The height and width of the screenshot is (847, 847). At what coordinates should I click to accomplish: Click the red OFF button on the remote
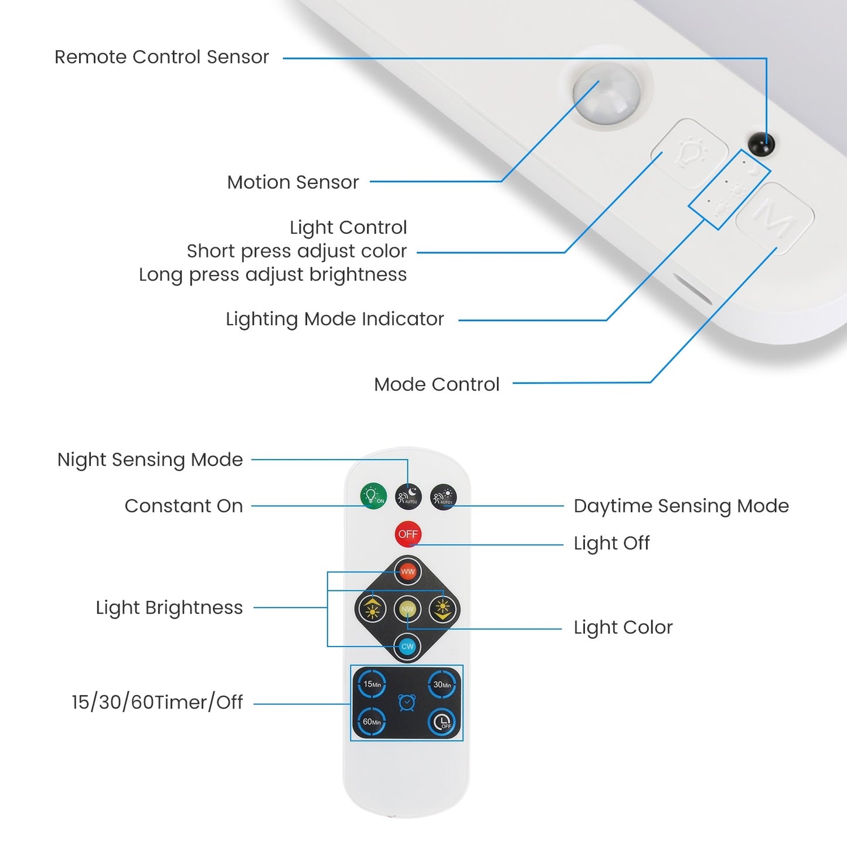coord(408,534)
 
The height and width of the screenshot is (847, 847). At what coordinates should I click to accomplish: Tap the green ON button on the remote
coord(373,496)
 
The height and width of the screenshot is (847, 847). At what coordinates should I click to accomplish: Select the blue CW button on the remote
coord(407,647)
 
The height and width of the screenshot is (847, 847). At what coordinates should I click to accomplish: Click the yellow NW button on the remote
coord(407,609)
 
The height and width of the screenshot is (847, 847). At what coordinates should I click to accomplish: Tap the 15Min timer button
coord(372,684)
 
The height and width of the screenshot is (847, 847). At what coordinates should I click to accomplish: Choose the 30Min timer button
coord(442,684)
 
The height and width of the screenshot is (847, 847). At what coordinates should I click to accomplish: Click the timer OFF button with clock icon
coord(442,722)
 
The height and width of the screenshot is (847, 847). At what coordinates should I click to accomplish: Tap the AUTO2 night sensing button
coord(408,496)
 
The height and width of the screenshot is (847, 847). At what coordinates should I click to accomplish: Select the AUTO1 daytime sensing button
coord(443,497)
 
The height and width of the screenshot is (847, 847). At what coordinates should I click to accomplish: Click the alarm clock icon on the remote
coord(407,702)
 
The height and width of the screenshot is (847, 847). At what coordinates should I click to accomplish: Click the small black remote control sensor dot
coord(761,144)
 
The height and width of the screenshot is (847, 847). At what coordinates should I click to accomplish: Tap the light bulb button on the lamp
coord(690,154)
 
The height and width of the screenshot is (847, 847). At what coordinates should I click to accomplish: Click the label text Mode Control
coord(437,385)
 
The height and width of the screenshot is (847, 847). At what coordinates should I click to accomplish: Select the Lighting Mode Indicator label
coord(335,319)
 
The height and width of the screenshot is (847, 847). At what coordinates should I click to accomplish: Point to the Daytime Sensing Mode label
coord(681,506)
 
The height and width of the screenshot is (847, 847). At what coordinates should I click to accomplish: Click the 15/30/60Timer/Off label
coord(157,702)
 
